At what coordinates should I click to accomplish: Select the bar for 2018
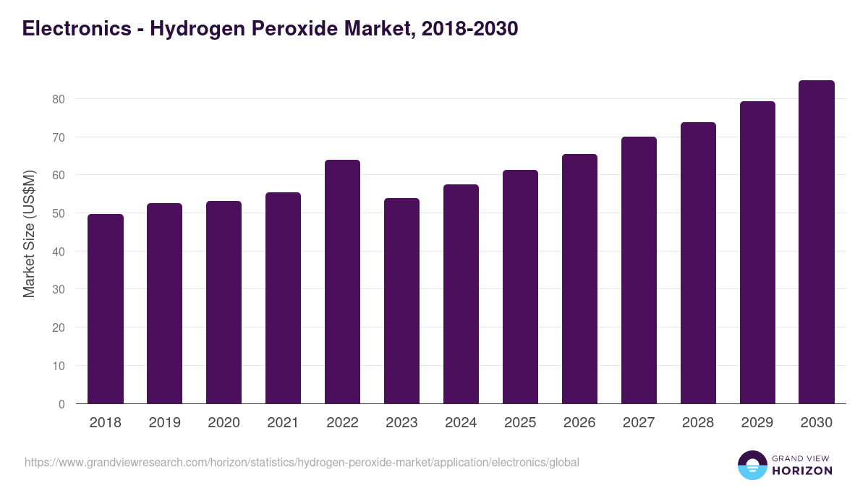point(106,309)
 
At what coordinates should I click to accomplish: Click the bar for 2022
point(342,282)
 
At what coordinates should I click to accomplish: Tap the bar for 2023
point(401,301)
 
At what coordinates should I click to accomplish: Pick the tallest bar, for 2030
point(817,242)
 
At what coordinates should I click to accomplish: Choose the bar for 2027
point(639,270)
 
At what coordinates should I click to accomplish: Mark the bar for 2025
point(520,287)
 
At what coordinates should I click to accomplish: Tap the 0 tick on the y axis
point(61,404)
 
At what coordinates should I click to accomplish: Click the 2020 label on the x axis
point(224,423)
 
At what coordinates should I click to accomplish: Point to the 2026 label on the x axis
point(579,423)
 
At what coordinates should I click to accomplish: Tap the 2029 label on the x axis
point(757,423)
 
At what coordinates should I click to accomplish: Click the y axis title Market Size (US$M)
point(29,234)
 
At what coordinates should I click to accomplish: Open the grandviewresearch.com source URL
point(302,462)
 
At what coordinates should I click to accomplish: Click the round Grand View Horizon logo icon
point(752,465)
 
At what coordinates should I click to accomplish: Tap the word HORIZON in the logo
point(802,471)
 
